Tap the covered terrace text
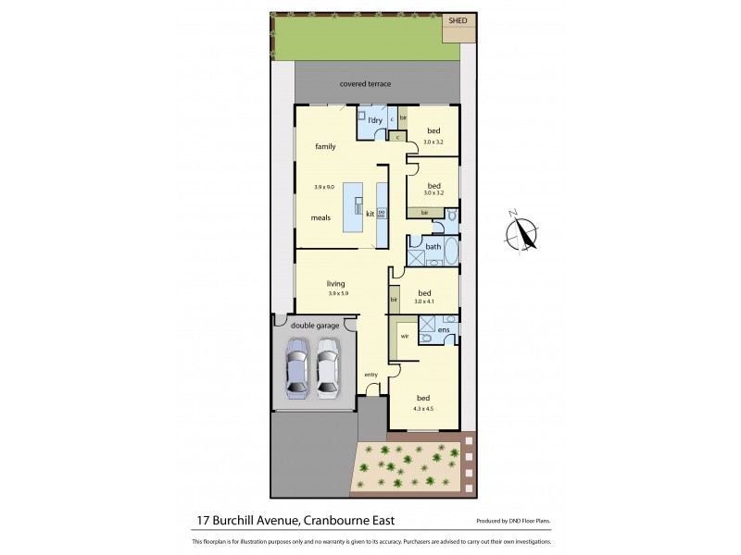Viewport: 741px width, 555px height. [x=365, y=84]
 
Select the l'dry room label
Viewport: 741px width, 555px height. [x=375, y=121]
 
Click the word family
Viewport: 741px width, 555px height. [x=325, y=146]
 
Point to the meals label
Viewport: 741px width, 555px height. [x=320, y=217]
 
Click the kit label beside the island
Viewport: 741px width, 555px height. [x=370, y=214]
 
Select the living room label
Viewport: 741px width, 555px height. [x=335, y=283]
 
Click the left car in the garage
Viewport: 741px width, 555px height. [x=297, y=368]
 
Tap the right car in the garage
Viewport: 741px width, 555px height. [x=328, y=368]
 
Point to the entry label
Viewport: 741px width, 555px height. [x=370, y=374]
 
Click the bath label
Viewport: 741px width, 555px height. [x=433, y=247]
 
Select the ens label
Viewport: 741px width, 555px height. [x=445, y=330]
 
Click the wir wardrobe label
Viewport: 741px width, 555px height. [x=404, y=336]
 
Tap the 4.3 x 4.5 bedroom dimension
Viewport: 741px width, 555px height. [x=423, y=407]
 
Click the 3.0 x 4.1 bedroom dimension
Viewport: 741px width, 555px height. [x=423, y=302]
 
